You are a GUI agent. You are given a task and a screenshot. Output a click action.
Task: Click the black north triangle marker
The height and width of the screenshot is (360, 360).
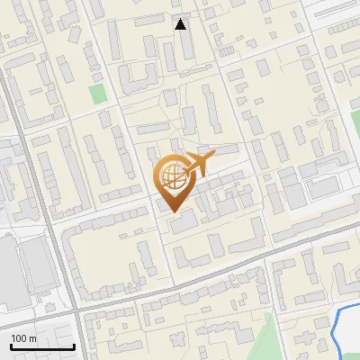click(x=181, y=24)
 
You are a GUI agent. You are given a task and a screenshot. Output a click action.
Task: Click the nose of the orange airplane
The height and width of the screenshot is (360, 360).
click(x=212, y=157)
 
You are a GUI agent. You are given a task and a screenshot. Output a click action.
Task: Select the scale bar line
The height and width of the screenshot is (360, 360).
click(x=42, y=347)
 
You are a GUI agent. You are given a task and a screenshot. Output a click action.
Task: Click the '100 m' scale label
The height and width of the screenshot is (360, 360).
click(x=23, y=338)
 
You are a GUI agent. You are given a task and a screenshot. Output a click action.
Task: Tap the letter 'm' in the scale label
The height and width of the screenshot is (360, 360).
click(x=31, y=338)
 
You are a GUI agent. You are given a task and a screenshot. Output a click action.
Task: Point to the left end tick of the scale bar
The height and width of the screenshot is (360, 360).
click(x=11, y=346)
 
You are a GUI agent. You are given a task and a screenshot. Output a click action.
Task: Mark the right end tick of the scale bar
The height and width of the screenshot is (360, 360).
click(x=74, y=346)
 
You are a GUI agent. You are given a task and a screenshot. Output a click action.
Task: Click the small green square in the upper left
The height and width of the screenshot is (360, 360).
click(x=97, y=93)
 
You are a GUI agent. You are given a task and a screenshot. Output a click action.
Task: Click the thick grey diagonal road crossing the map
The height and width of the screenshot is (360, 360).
click(x=225, y=271)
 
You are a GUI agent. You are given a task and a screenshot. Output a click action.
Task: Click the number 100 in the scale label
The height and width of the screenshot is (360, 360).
click(x=19, y=338)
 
